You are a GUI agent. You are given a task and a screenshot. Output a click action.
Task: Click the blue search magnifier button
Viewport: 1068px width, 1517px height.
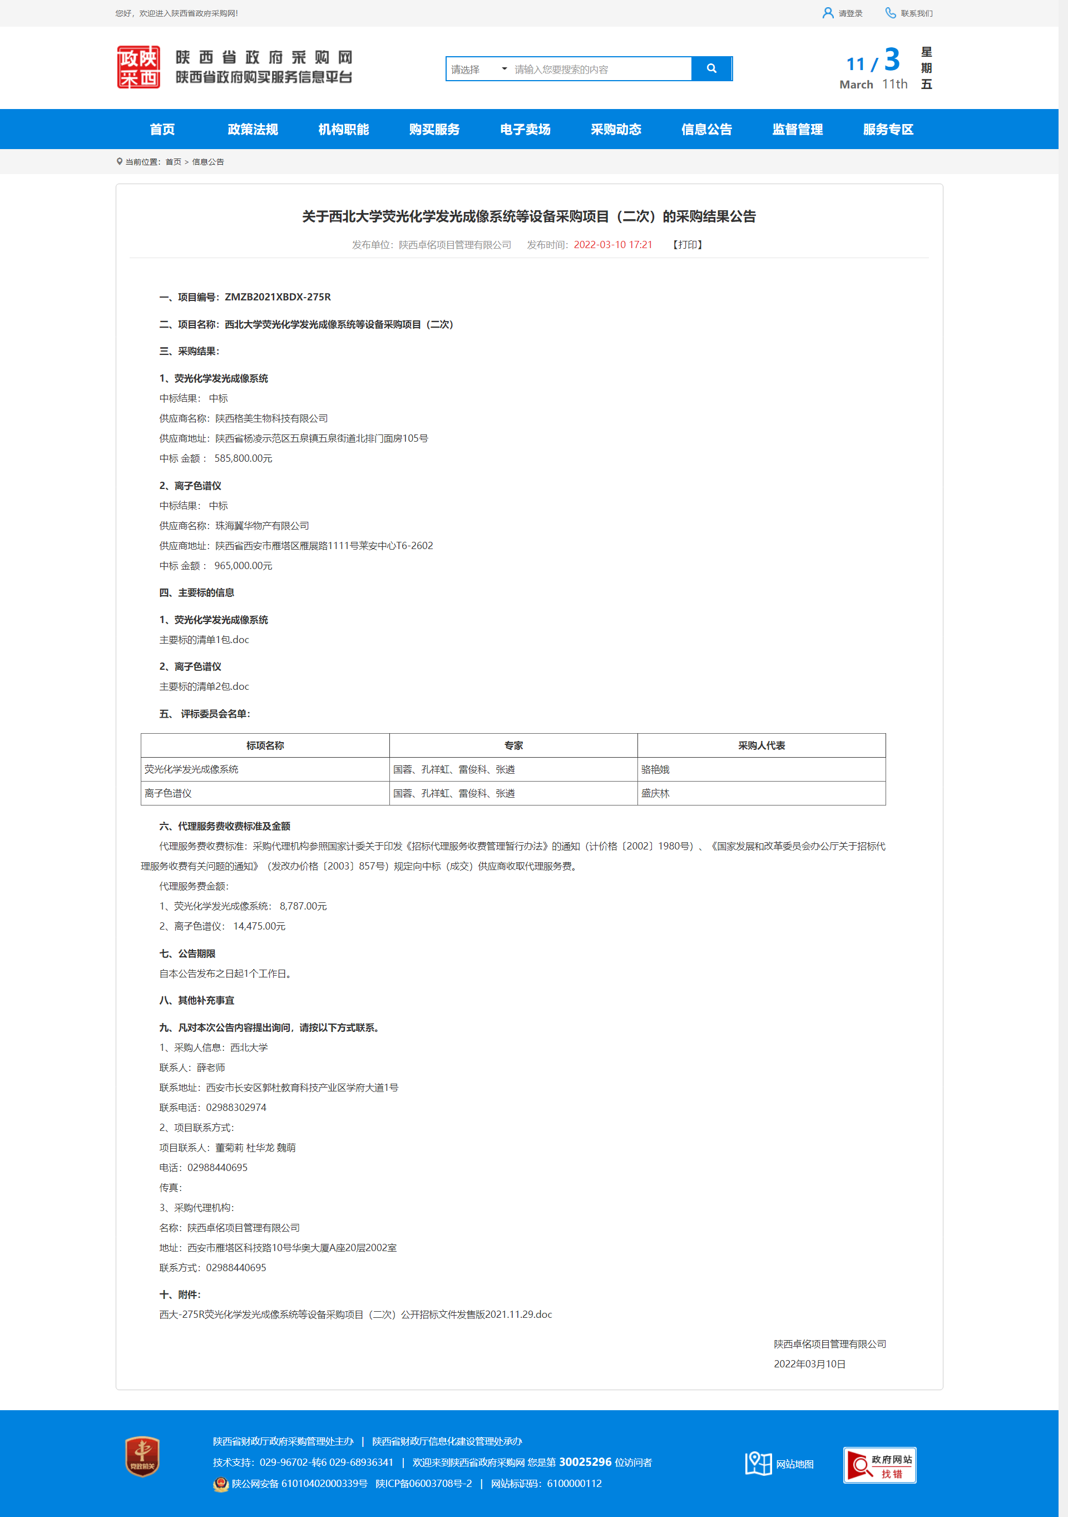(x=711, y=69)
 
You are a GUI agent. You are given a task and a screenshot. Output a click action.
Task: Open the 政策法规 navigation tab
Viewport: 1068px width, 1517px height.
(x=253, y=130)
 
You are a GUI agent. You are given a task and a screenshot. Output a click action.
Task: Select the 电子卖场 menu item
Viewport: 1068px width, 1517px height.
(x=525, y=130)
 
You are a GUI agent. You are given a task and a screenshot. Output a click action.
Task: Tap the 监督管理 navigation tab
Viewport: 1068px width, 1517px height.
(x=797, y=130)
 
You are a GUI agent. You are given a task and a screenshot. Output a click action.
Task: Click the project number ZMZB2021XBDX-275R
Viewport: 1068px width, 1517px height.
(x=278, y=297)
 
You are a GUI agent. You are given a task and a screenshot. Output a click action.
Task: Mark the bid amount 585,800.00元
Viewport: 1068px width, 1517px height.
(x=243, y=458)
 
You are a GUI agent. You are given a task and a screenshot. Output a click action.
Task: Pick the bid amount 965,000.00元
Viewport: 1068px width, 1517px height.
(x=243, y=566)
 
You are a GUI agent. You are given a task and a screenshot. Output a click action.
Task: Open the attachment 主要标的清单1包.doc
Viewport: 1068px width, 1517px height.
(x=204, y=640)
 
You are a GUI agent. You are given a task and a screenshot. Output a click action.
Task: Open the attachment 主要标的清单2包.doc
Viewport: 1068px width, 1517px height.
(x=204, y=687)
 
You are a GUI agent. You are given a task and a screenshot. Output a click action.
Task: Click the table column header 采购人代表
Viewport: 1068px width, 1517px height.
(x=761, y=746)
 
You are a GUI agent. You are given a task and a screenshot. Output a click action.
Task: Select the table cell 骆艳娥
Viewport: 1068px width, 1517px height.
(x=655, y=770)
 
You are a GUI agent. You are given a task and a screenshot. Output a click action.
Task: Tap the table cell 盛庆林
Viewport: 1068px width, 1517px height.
(x=655, y=793)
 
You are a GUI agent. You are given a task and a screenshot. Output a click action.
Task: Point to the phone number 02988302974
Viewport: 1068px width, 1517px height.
(x=236, y=1108)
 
